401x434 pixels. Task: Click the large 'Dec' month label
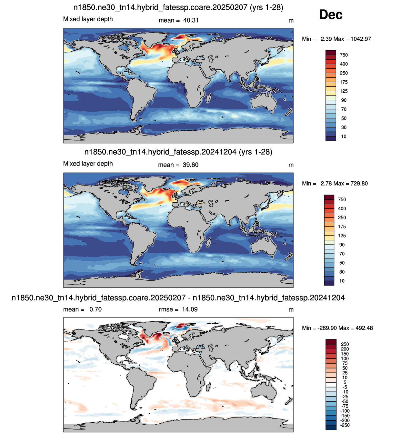click(330, 15)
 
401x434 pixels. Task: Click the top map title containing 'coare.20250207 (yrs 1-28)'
click(178, 7)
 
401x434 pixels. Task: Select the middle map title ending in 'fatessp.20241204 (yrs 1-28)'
click(178, 152)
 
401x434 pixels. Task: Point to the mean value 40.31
click(191, 20)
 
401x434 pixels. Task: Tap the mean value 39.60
click(190, 165)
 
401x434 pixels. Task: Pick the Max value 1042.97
click(361, 39)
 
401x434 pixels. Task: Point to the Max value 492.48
click(364, 328)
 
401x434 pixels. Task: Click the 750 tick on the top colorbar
click(344, 55)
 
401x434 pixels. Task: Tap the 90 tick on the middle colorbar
click(342, 245)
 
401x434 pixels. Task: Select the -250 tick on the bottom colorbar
click(345, 425)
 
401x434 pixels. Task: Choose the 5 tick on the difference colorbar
click(345, 382)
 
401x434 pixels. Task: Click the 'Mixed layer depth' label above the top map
click(88, 19)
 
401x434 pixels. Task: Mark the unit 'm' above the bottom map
click(291, 309)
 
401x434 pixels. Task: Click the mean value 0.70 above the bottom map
click(95, 309)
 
